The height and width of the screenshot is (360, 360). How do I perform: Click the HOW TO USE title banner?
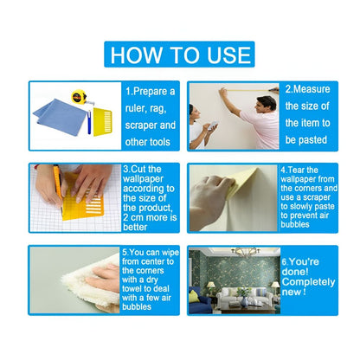(x=180, y=54)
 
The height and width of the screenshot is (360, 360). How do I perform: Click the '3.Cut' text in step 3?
(x=138, y=169)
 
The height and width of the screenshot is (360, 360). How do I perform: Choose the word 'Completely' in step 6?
(x=311, y=282)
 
